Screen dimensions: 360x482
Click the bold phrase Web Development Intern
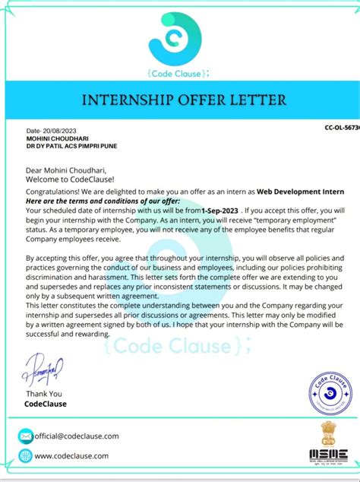tap(300, 193)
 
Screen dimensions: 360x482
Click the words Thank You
tap(44, 394)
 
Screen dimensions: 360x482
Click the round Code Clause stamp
tap(330, 394)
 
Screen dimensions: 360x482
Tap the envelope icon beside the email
tap(26, 436)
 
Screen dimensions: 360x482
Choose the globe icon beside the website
tap(26, 456)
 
